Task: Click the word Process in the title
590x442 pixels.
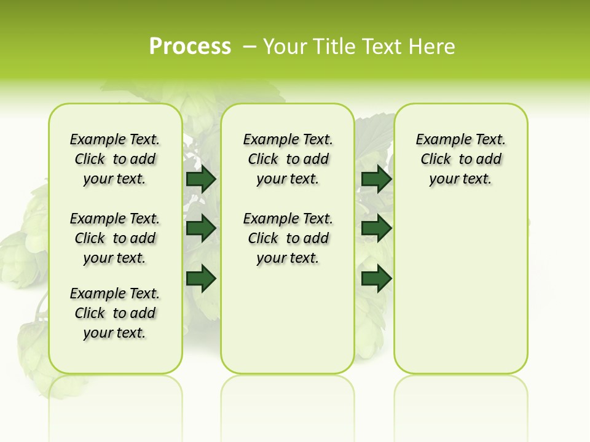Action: coord(190,47)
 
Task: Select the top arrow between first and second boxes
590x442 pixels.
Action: coord(201,179)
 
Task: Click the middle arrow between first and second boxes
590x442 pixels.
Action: coord(201,228)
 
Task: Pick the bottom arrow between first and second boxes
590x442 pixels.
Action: coord(201,279)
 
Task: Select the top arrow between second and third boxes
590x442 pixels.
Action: coord(376,179)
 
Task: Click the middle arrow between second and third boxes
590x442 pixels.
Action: coord(376,228)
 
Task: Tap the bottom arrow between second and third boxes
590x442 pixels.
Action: coord(376,279)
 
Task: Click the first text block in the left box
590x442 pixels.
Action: coord(115,159)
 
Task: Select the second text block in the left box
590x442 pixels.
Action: coord(115,238)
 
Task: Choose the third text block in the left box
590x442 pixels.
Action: coord(115,313)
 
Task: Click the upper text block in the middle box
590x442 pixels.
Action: coord(288,159)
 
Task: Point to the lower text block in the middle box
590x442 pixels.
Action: coord(288,238)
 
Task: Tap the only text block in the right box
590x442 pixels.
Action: coord(461,159)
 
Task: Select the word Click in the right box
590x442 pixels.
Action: coord(436,160)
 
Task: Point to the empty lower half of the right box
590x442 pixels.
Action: coord(461,295)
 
